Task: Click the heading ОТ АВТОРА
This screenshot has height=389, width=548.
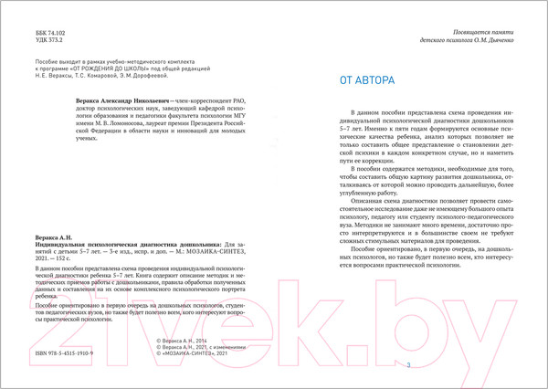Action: pyautogui.click(x=366, y=81)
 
